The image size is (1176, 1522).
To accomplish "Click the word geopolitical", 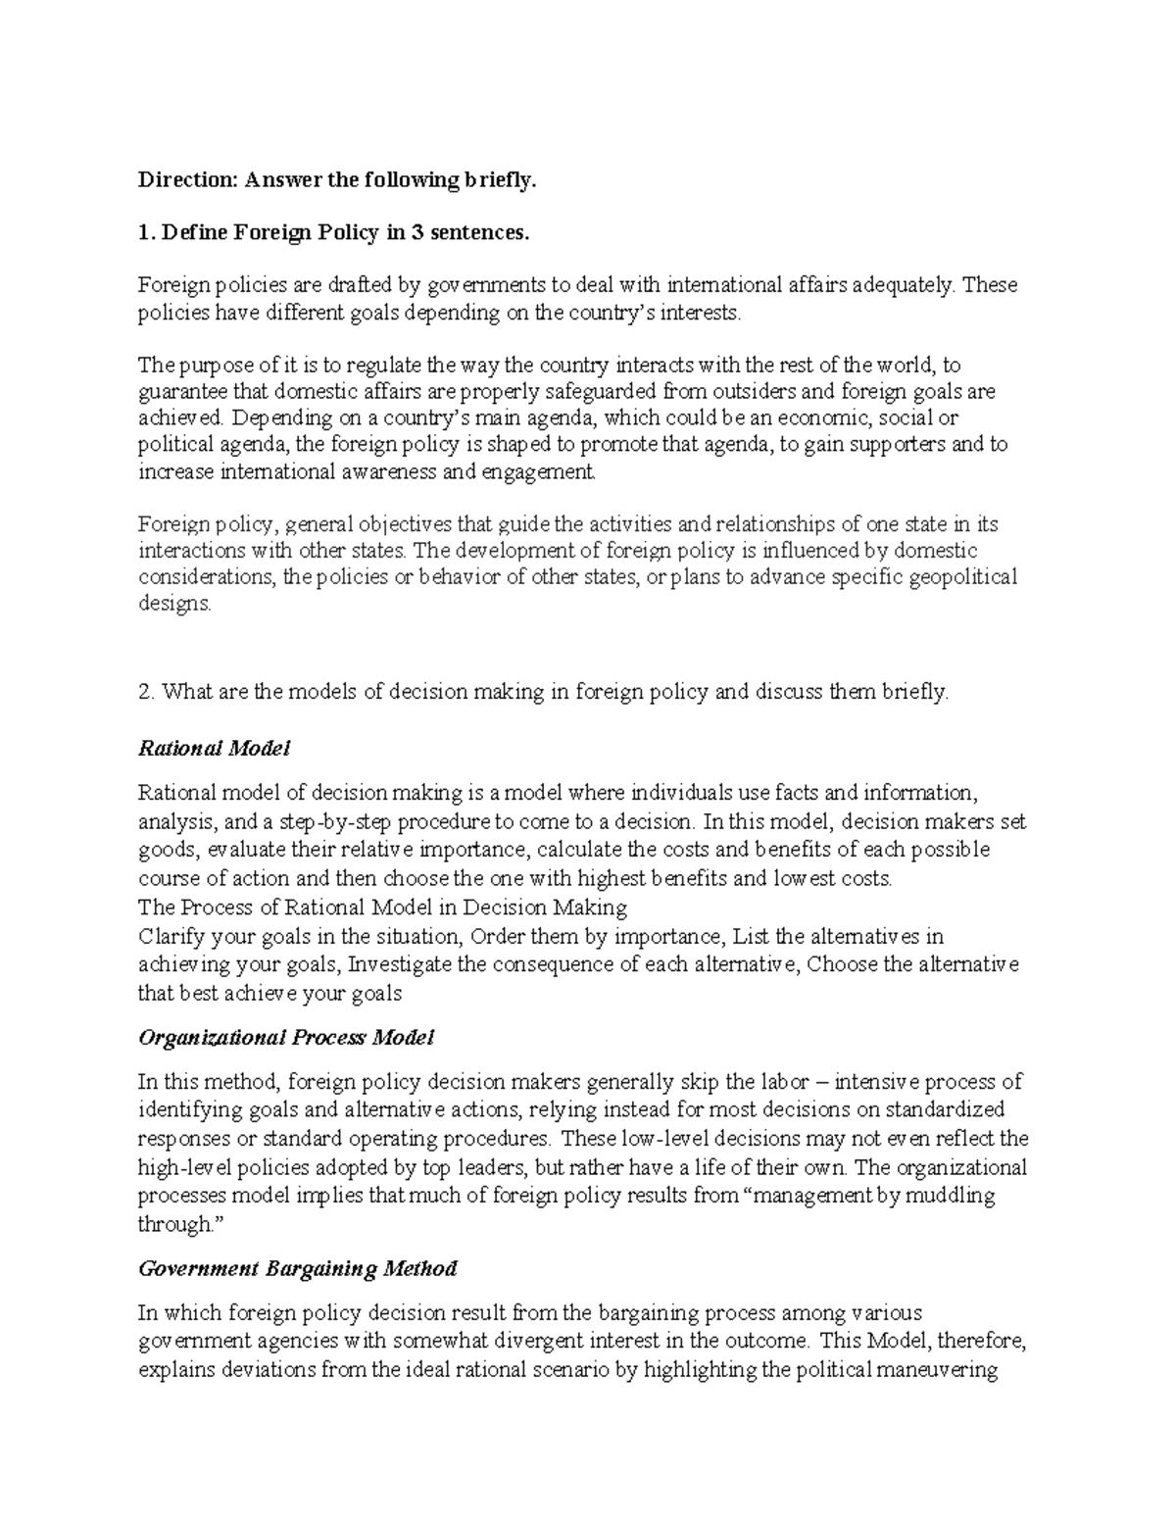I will pyautogui.click(x=961, y=576).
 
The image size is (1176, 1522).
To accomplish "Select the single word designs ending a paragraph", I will pyautogui.click(x=174, y=604).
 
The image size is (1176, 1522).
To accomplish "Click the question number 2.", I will pyautogui.click(x=146, y=692).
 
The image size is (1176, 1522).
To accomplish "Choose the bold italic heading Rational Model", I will pyautogui.click(x=215, y=749).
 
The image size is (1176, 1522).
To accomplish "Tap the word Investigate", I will pyautogui.click(x=401, y=964).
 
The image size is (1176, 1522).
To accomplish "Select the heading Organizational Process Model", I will pyautogui.click(x=286, y=1037).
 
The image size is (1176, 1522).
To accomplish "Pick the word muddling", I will pyautogui.click(x=950, y=1196).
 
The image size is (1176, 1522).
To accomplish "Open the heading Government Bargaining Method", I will pyautogui.click(x=298, y=1268).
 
